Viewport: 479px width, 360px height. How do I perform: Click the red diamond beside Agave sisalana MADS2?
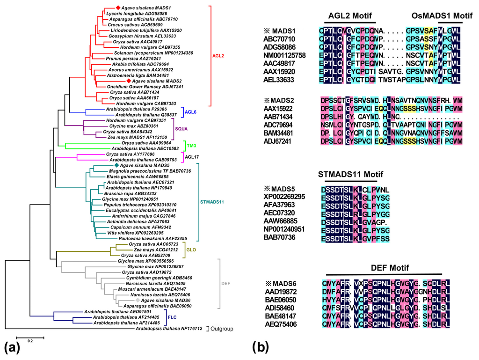tap(128, 81)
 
